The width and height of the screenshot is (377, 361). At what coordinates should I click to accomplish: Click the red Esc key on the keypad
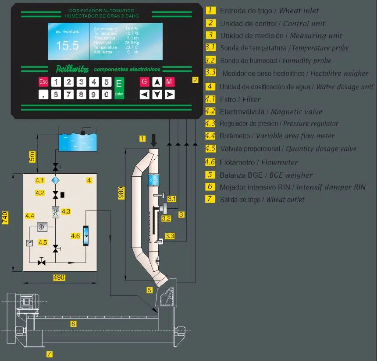43,82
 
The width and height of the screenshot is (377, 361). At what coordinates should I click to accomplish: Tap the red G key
144,81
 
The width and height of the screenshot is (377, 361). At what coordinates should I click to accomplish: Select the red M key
170,81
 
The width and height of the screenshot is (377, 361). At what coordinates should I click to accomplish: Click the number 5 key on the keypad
106,82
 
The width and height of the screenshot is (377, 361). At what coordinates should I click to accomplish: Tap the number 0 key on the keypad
106,94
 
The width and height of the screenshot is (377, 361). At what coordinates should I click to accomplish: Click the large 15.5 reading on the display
68,46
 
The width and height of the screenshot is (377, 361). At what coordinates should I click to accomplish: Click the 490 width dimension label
59,277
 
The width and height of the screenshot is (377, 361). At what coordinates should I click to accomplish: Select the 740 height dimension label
6,217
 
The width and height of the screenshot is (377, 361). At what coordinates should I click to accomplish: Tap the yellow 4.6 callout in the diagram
75,236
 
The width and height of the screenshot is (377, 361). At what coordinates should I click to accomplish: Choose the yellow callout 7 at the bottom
50,354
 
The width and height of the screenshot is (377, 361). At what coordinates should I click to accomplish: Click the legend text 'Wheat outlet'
285,200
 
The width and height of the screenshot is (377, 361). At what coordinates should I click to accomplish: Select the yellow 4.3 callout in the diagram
66,212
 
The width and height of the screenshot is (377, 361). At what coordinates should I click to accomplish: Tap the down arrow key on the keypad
157,94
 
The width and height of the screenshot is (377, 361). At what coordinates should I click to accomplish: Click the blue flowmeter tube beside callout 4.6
86,236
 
